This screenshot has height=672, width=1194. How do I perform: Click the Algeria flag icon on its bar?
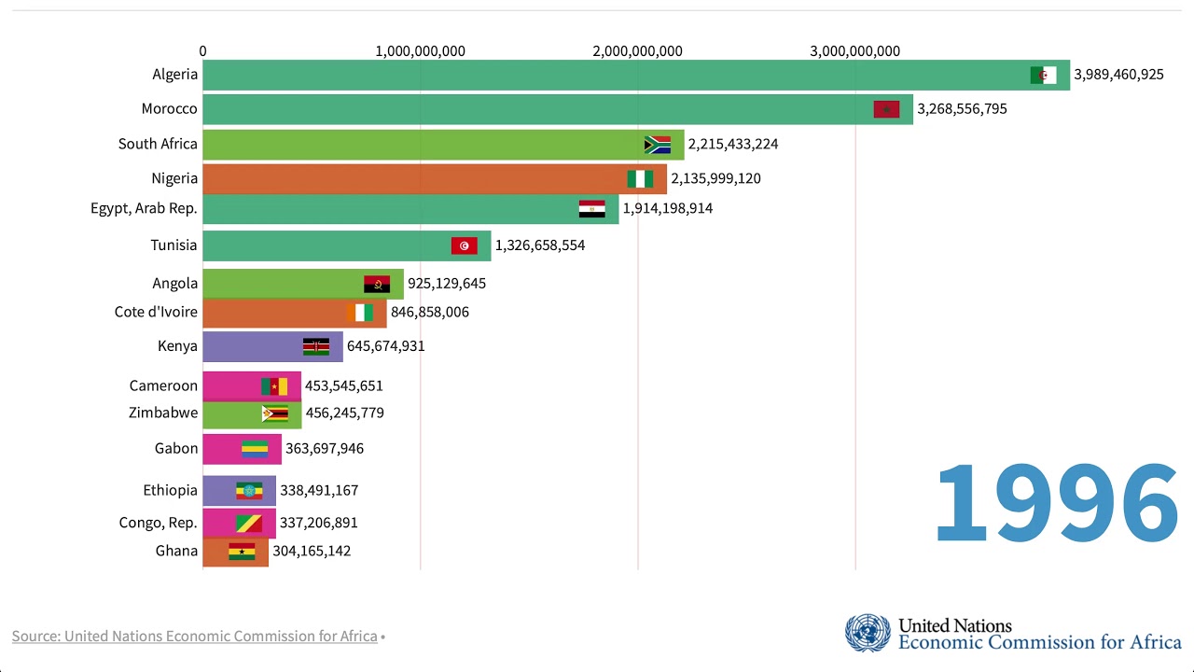[x=1043, y=76]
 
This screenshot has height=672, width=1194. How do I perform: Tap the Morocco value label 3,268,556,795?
[x=962, y=109]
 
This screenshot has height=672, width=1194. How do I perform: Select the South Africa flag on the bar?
[x=657, y=145]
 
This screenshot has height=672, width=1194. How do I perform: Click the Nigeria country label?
[x=174, y=178]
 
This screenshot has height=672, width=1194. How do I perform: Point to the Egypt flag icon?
[x=591, y=209]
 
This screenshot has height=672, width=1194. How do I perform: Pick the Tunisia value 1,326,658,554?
[x=540, y=245]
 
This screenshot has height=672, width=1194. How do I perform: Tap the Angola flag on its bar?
[x=377, y=284]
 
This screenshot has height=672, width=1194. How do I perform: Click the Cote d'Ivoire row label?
[x=156, y=312]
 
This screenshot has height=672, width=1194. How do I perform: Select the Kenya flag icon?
[x=315, y=347]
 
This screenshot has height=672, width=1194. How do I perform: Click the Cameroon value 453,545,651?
[x=344, y=385]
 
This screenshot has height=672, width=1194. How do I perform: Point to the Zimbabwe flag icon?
[x=274, y=413]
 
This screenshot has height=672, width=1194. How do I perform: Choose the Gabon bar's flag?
[x=255, y=449]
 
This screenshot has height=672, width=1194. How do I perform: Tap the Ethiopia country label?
[x=170, y=490]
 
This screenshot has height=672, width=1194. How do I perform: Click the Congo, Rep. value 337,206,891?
[x=318, y=523]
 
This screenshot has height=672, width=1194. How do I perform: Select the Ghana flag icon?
[x=242, y=552]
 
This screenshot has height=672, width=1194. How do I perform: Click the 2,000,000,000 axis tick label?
[x=637, y=51]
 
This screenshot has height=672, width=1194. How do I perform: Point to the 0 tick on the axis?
[x=202, y=51]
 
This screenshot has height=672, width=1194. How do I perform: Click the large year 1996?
[x=1056, y=504]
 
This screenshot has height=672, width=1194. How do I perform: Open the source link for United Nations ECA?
[x=194, y=637]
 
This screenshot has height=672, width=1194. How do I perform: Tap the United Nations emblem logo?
[x=868, y=633]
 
